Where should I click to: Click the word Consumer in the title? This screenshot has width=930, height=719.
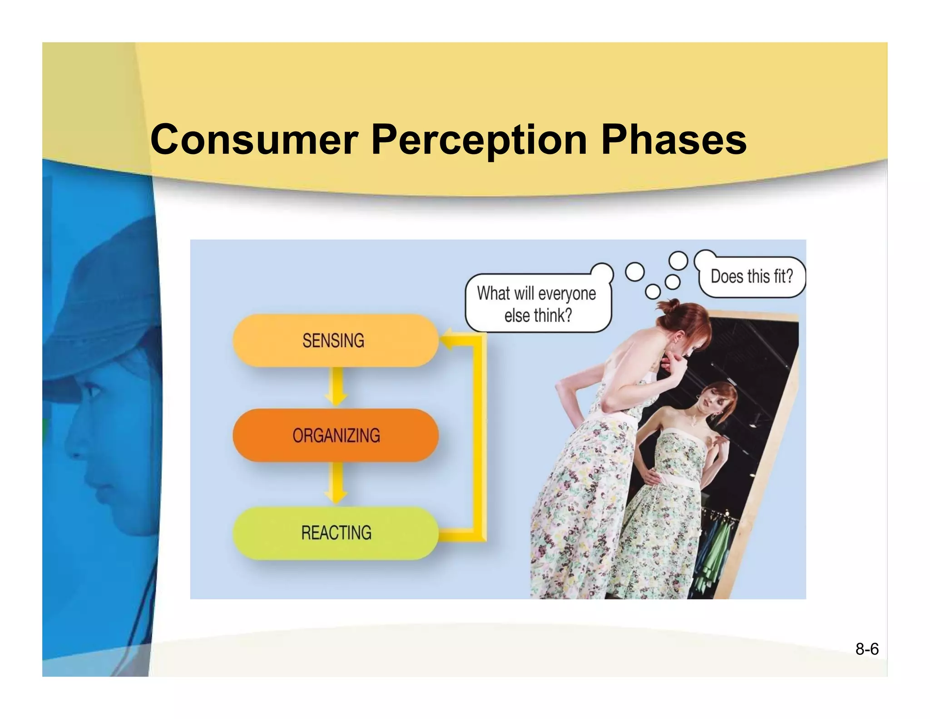click(x=254, y=140)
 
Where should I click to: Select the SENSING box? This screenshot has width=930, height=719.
click(x=335, y=340)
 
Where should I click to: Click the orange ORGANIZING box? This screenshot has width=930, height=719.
click(x=336, y=435)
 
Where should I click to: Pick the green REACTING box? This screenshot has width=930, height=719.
click(x=336, y=533)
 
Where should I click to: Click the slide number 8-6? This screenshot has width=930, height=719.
click(x=866, y=649)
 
